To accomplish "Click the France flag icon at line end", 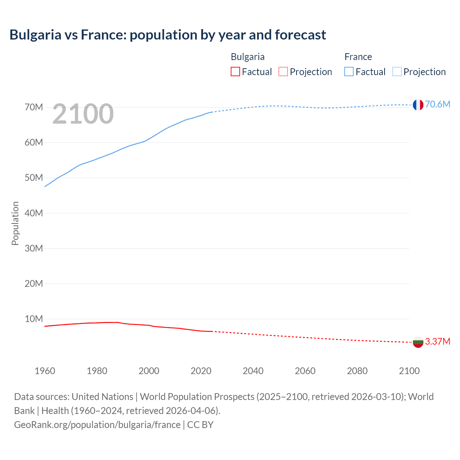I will pyautogui.click(x=418, y=105).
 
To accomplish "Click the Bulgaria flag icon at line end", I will pyautogui.click(x=418, y=342).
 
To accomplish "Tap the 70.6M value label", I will pyautogui.click(x=437, y=104).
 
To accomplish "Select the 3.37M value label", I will pyautogui.click(x=437, y=341).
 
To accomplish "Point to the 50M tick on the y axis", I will pyautogui.click(x=34, y=178).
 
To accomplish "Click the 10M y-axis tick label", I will pyautogui.click(x=34, y=319).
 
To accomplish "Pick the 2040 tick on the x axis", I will pyautogui.click(x=253, y=371).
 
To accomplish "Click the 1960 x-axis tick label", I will pyautogui.click(x=45, y=371).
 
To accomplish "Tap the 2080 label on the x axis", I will pyautogui.click(x=357, y=371).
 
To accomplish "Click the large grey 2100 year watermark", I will pyautogui.click(x=83, y=114).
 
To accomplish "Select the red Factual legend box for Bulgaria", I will pyautogui.click(x=235, y=72).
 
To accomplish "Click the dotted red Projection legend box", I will pyautogui.click(x=283, y=72).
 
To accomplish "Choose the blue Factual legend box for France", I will pyautogui.click(x=349, y=72).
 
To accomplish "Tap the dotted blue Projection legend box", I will pyautogui.click(x=397, y=72).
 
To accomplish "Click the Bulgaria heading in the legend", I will pyautogui.click(x=248, y=57).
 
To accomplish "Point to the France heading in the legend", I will pyautogui.click(x=358, y=57).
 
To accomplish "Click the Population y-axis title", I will pyautogui.click(x=15, y=223).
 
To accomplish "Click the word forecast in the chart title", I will pyautogui.click(x=300, y=35).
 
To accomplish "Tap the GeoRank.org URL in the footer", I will pyautogui.click(x=97, y=425).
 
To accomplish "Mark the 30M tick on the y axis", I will pyautogui.click(x=34, y=248).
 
